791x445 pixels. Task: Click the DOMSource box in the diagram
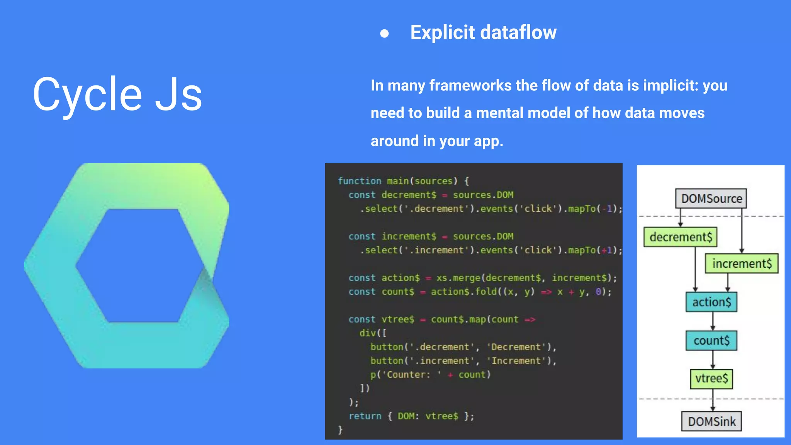coord(711,199)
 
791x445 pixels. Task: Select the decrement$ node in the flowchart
coord(681,237)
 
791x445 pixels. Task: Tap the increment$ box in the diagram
coord(742,263)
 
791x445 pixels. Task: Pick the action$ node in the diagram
coord(711,302)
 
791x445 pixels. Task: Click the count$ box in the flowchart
coord(711,340)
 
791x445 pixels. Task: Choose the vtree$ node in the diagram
coord(711,378)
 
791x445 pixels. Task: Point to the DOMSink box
coord(711,421)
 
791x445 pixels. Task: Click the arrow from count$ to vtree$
coord(713,360)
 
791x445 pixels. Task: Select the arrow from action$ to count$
coord(713,321)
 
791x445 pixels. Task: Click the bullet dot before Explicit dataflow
coord(384,34)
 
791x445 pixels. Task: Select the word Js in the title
coord(178,95)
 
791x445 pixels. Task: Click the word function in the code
coord(359,181)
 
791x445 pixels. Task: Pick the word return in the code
coord(365,416)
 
